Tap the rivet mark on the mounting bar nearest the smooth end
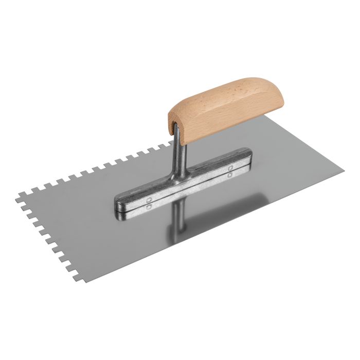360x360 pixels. click(x=229, y=170)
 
